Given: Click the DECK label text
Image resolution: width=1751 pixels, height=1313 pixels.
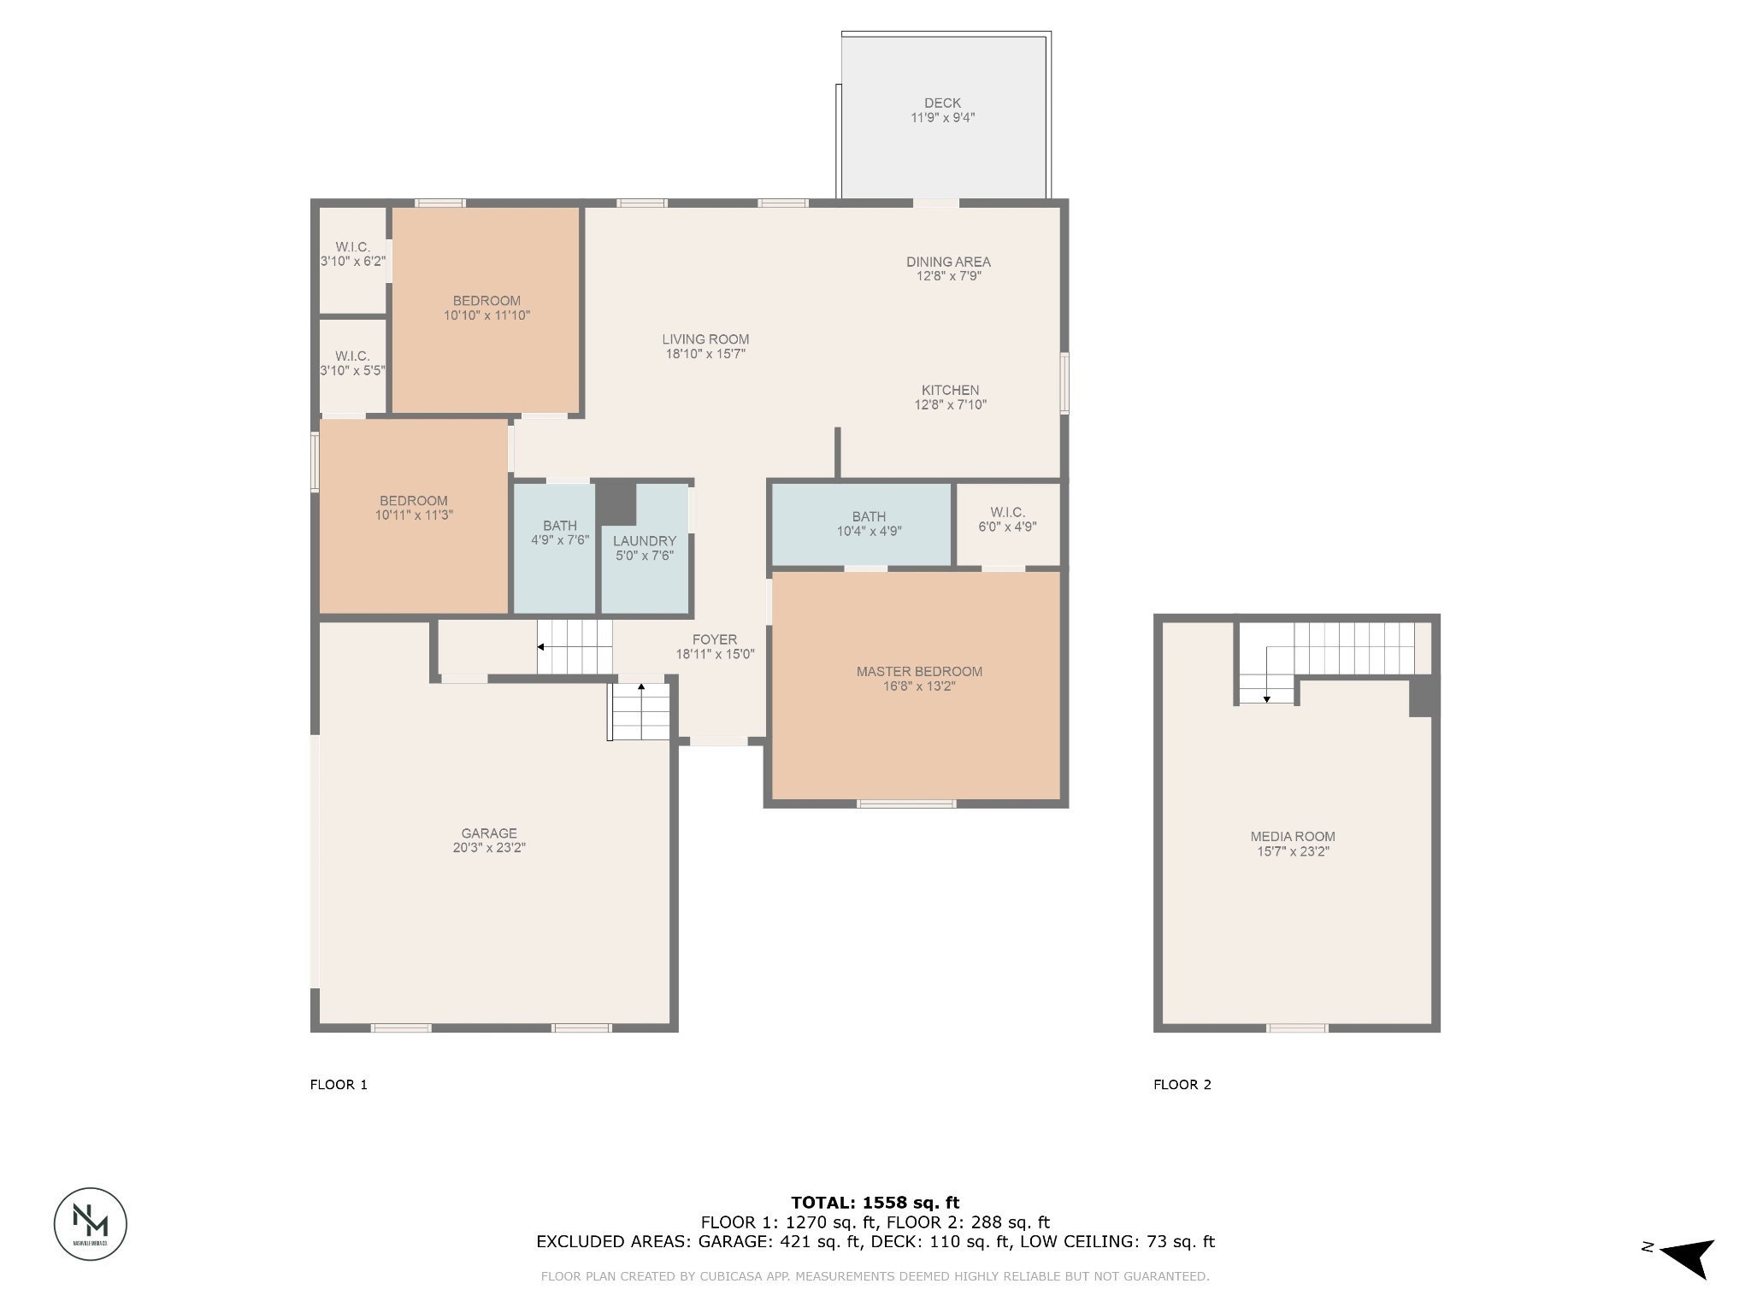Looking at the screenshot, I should (942, 103).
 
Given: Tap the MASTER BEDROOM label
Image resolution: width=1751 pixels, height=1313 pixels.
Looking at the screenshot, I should (919, 672).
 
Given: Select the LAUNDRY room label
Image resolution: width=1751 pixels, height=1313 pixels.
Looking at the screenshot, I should (644, 541).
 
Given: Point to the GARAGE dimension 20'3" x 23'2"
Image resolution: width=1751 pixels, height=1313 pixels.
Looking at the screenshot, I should (489, 848).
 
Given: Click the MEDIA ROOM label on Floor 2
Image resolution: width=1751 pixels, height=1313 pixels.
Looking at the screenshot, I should (1292, 837).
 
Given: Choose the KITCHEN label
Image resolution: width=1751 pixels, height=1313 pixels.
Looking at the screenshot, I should (950, 391).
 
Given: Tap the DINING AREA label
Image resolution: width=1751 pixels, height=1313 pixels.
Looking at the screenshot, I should (948, 262).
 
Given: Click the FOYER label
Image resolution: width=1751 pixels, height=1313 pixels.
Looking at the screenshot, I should (715, 640).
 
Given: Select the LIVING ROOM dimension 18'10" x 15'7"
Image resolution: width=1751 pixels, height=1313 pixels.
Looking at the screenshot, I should (705, 354).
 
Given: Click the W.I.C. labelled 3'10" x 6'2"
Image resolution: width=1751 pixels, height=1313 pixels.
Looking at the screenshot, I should (352, 254).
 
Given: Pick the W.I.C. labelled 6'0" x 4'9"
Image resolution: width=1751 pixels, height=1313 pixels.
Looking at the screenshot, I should (1007, 520).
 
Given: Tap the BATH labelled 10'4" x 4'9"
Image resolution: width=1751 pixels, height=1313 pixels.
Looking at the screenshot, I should (869, 523).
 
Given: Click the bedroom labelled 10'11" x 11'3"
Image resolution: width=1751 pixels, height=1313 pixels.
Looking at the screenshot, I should (414, 508).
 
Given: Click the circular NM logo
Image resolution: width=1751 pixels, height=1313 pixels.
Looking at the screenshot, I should (91, 1223).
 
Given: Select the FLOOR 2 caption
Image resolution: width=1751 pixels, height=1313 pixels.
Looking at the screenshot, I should (1182, 1085).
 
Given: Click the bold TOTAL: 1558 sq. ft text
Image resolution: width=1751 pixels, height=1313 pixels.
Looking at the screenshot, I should (875, 1203).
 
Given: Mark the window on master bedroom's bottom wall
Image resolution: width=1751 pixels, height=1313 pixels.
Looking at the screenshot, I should (906, 804).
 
